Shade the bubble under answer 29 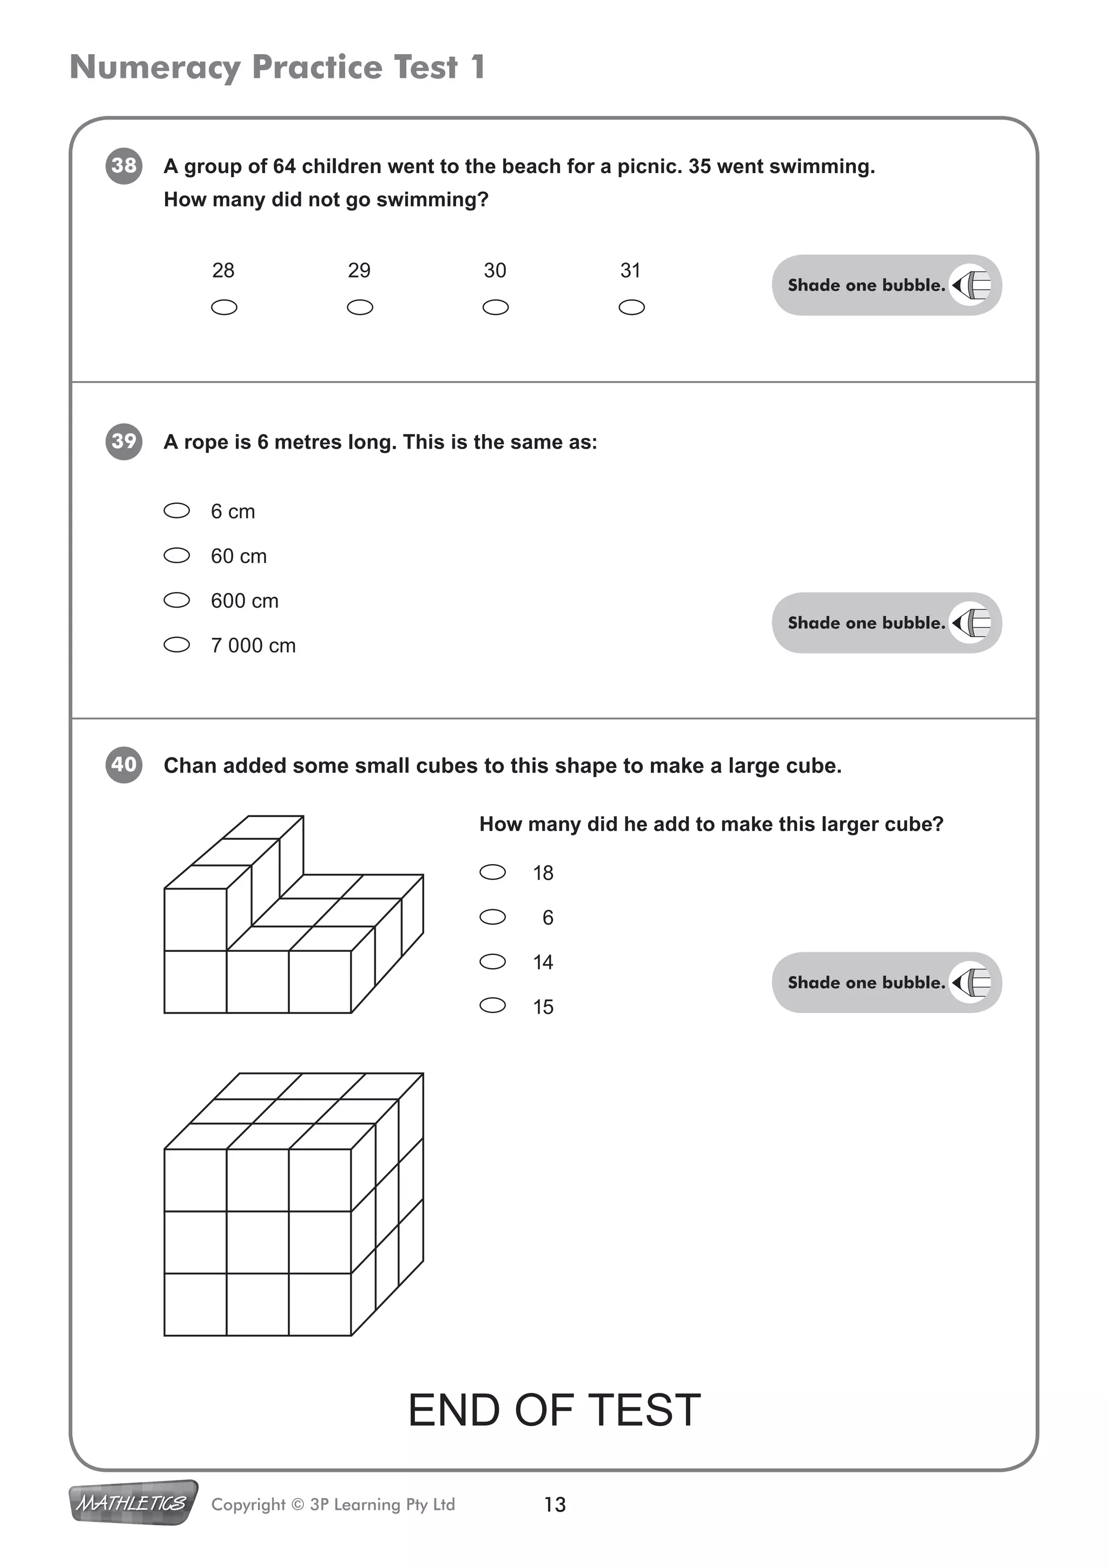tap(360, 308)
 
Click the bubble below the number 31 tap(631, 308)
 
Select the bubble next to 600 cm tap(177, 601)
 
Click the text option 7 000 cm tap(253, 646)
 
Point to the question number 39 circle tap(123, 442)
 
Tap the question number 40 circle tap(123, 765)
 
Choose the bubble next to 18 tap(493, 872)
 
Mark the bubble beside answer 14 tap(493, 962)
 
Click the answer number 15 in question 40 tap(543, 1006)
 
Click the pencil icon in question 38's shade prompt tap(972, 285)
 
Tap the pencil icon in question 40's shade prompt tap(972, 983)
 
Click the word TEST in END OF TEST tap(644, 1410)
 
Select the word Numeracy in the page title tap(155, 68)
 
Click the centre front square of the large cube tap(257, 1242)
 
